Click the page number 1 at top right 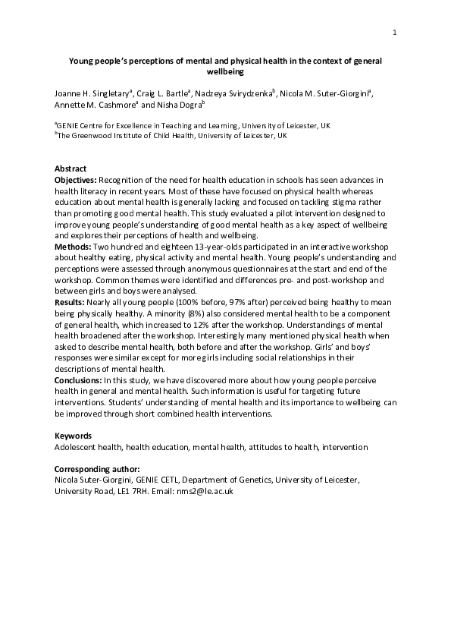395,32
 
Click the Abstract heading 70,168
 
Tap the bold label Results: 70,301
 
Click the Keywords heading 73,436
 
